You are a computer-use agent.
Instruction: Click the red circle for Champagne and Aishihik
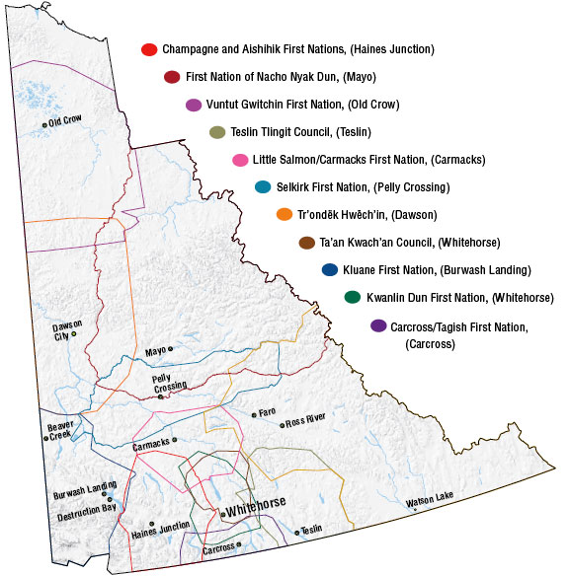pos(148,49)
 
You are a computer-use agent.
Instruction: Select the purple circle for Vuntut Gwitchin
pos(195,105)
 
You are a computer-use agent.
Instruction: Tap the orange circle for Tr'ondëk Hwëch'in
pos(285,215)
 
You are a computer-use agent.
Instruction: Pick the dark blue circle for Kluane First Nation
pos(329,270)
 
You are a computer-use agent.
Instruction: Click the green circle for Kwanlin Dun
pos(352,298)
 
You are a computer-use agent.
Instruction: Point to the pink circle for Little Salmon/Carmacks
pos(239,160)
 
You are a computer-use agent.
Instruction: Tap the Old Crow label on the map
pos(65,122)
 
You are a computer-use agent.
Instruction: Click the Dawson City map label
pos(68,330)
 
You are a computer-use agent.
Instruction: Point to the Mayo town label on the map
pos(155,350)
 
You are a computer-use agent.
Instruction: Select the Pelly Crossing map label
pos(169,384)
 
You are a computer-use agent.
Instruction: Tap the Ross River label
pos(305,421)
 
